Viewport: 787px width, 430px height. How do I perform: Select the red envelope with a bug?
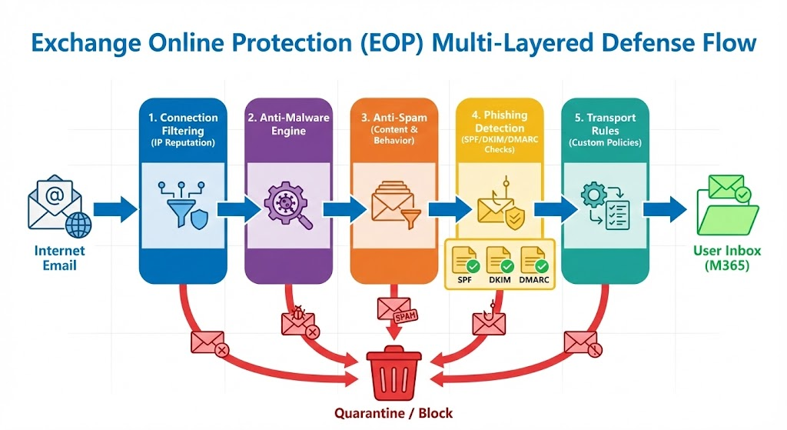point(297,321)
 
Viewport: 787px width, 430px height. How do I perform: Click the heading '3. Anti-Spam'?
point(393,118)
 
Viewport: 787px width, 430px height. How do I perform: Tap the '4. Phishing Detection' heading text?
point(499,122)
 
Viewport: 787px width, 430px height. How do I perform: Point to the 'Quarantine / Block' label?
point(393,413)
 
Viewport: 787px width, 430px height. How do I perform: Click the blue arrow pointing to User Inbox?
point(666,208)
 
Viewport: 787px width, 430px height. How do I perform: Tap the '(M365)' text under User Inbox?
point(722,266)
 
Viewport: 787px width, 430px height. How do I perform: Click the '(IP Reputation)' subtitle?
point(183,143)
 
